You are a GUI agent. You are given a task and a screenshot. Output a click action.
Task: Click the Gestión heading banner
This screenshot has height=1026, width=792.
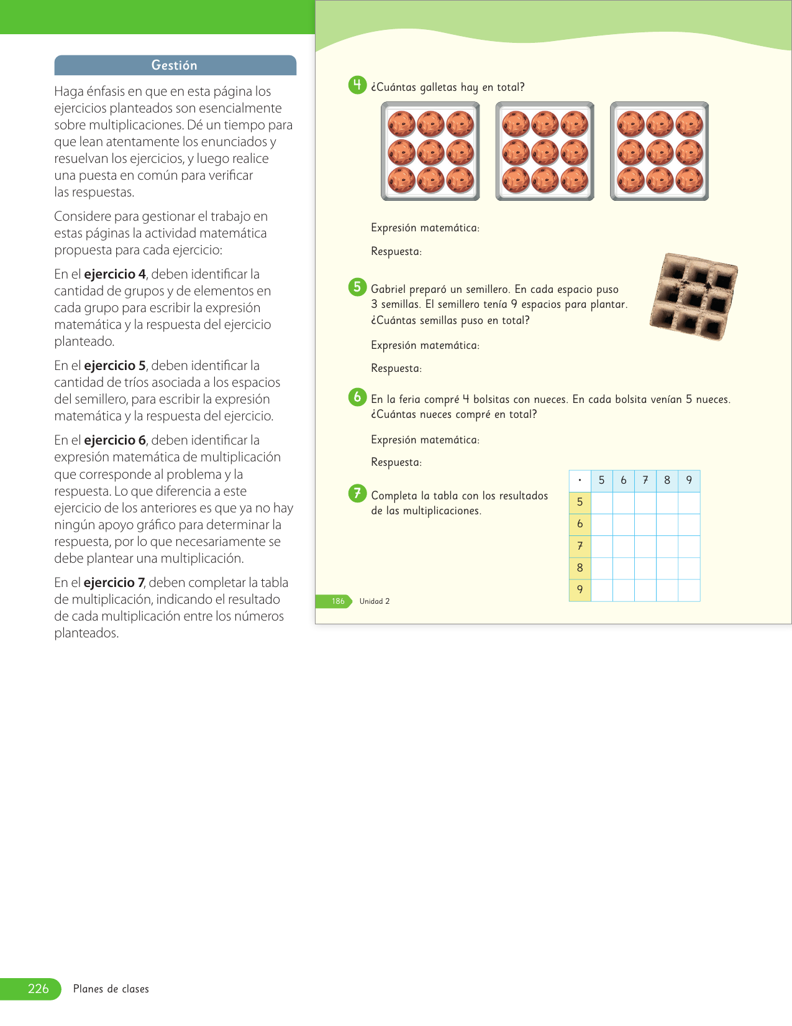click(175, 65)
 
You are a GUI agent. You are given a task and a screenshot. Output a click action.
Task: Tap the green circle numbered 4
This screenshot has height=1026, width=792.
click(357, 85)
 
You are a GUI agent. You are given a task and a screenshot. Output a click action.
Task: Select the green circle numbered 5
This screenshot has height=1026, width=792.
click(357, 287)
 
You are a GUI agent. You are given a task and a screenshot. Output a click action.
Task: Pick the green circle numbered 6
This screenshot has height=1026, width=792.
click(357, 397)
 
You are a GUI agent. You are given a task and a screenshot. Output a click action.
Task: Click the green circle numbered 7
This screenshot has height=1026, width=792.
click(357, 494)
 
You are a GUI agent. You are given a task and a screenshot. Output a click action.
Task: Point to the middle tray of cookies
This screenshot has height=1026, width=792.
click(545, 152)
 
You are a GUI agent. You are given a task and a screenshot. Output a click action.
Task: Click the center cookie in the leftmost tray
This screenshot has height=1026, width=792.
click(430, 152)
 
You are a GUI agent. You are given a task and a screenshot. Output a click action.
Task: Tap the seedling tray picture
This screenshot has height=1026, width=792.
click(693, 297)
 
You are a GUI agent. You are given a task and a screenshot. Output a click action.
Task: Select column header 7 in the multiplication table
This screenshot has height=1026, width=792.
click(645, 481)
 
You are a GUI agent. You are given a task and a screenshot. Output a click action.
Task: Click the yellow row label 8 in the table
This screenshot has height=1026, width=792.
click(580, 568)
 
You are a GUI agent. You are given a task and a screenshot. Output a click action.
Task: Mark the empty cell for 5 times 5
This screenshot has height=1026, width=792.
click(602, 502)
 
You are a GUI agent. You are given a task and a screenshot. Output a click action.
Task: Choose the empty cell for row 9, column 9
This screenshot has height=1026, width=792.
click(689, 590)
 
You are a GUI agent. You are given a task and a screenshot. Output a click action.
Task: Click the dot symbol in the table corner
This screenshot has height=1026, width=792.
click(580, 481)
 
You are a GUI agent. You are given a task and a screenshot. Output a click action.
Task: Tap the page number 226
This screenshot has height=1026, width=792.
click(38, 989)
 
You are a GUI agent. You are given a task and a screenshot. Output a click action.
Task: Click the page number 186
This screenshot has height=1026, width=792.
click(338, 601)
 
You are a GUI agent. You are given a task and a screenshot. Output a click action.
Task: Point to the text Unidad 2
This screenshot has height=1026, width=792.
click(375, 601)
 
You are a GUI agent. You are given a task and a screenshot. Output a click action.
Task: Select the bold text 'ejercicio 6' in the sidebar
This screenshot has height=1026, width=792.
click(115, 440)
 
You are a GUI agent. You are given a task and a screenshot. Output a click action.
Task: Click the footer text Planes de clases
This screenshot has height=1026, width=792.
click(111, 989)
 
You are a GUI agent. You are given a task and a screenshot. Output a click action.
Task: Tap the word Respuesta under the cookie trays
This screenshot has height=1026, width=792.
click(396, 252)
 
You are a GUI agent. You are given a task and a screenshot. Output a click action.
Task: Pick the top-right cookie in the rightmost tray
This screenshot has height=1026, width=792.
click(689, 124)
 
